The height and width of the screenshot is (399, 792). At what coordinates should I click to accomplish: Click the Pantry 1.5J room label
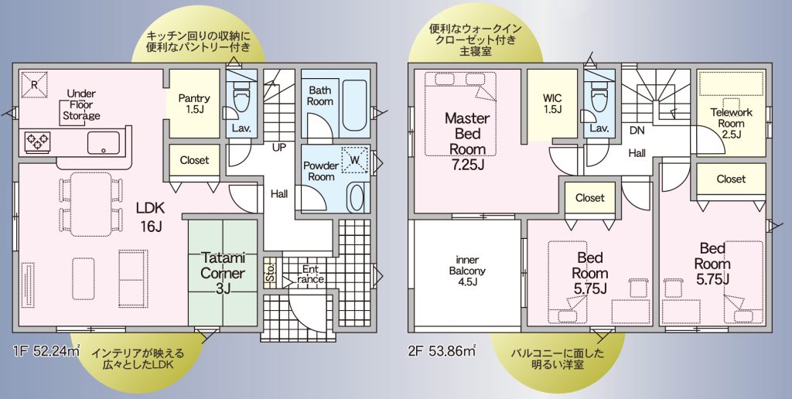click(194, 104)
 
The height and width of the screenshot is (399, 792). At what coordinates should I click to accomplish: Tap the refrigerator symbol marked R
click(34, 85)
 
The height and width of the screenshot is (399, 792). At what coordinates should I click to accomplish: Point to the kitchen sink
click(104, 142)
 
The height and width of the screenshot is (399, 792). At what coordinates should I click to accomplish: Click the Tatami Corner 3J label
click(223, 273)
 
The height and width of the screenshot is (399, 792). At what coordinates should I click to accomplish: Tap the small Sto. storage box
click(270, 273)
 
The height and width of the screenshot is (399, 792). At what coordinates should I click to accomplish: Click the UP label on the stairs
click(278, 148)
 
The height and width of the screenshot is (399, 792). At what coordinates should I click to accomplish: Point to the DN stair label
click(637, 131)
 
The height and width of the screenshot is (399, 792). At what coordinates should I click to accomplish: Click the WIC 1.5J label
click(552, 103)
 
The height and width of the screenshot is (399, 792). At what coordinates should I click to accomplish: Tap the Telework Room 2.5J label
click(731, 123)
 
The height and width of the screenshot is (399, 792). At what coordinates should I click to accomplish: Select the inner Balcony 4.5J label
click(467, 270)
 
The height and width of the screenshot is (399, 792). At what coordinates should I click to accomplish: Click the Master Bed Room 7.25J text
click(467, 141)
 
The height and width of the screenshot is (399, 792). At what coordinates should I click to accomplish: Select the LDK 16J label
click(150, 217)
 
